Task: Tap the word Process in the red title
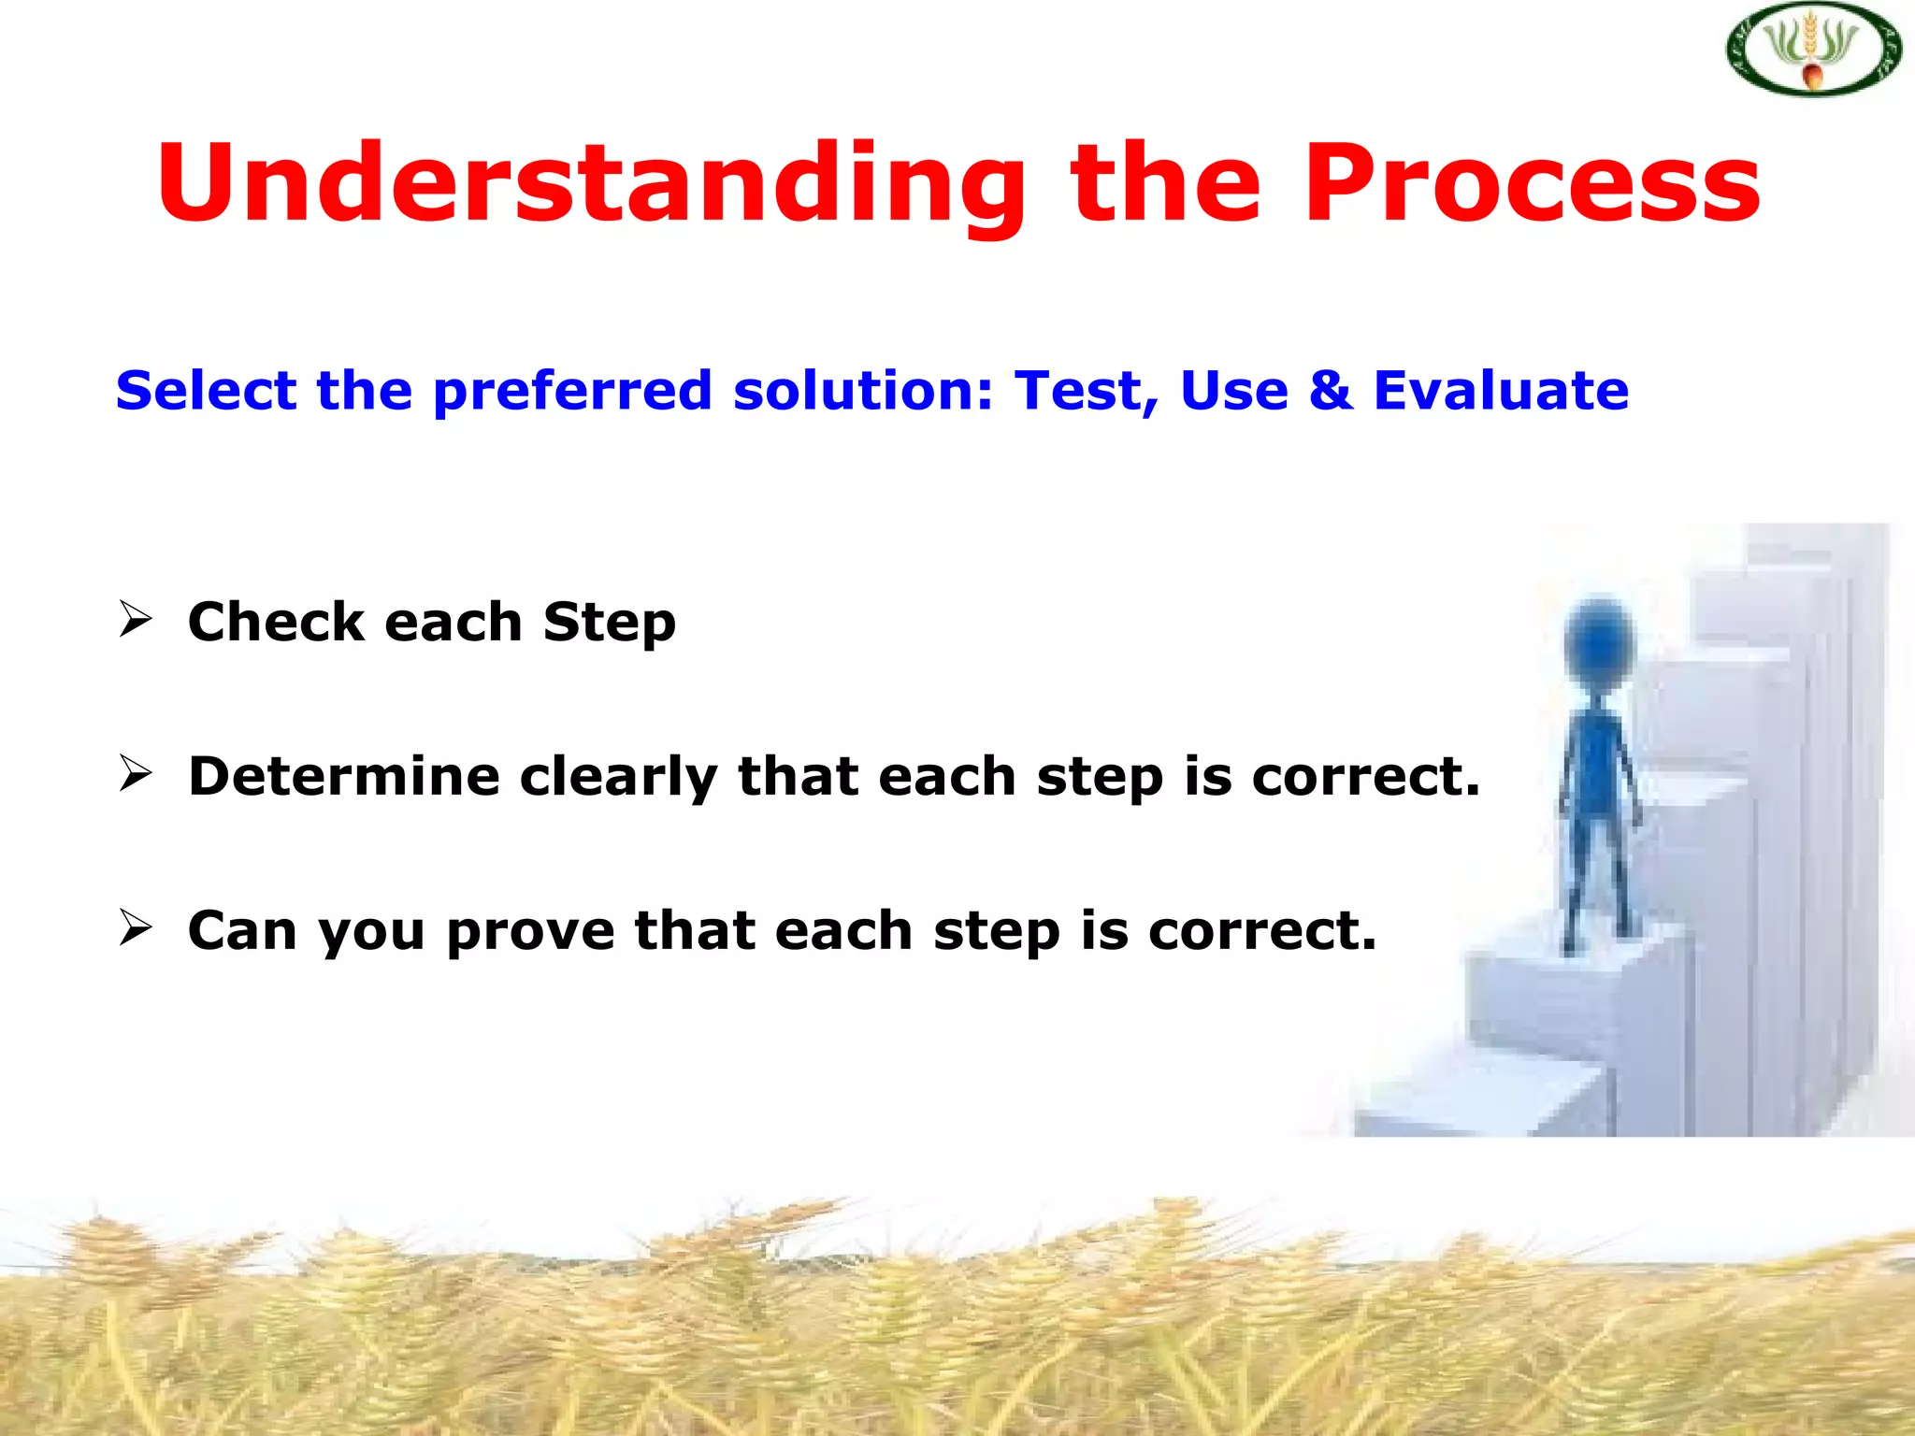(x=1532, y=183)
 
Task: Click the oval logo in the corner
(x=1813, y=50)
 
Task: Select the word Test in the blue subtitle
(x=1086, y=391)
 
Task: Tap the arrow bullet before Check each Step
(x=136, y=620)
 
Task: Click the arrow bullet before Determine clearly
(x=136, y=774)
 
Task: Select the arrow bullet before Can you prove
(x=136, y=927)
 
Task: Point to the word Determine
(x=343, y=776)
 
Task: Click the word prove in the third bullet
(x=530, y=931)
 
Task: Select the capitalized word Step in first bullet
(x=609, y=623)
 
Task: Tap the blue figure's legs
(x=1600, y=879)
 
